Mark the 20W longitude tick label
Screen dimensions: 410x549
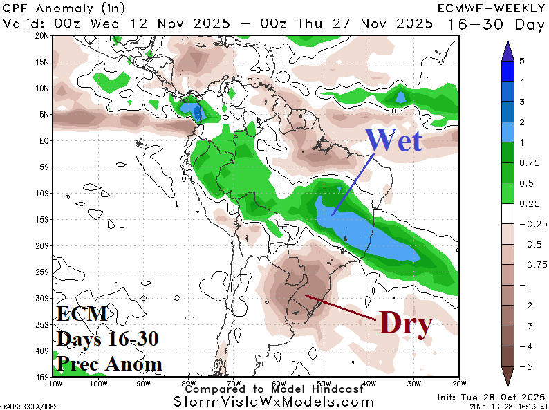456,383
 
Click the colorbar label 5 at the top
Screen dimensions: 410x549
521,61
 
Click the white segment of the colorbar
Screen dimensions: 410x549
507,214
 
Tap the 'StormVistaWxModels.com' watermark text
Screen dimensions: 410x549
274,402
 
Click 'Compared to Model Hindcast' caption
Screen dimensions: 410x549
274,389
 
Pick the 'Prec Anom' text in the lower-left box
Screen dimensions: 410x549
109,363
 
